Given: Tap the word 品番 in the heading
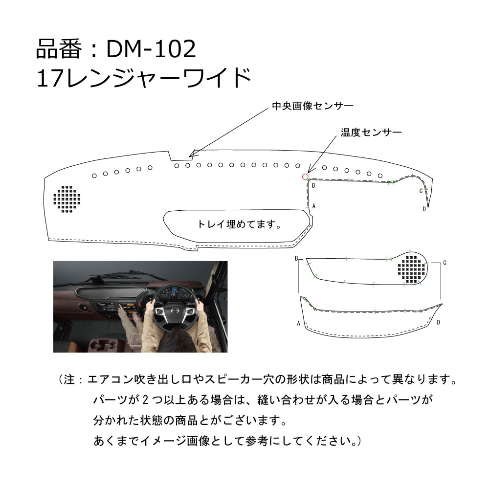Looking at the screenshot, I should [x=56, y=48].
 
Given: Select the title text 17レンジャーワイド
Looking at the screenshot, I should [x=144, y=77].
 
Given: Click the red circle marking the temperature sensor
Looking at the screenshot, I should [x=305, y=177].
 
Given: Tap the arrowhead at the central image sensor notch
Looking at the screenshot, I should [x=192, y=153].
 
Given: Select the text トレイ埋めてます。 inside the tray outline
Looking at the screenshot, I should [x=238, y=224].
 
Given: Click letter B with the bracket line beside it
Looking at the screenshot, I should [x=296, y=258].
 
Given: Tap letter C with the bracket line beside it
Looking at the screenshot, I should [x=445, y=263].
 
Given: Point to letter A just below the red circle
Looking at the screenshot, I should [x=313, y=206].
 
